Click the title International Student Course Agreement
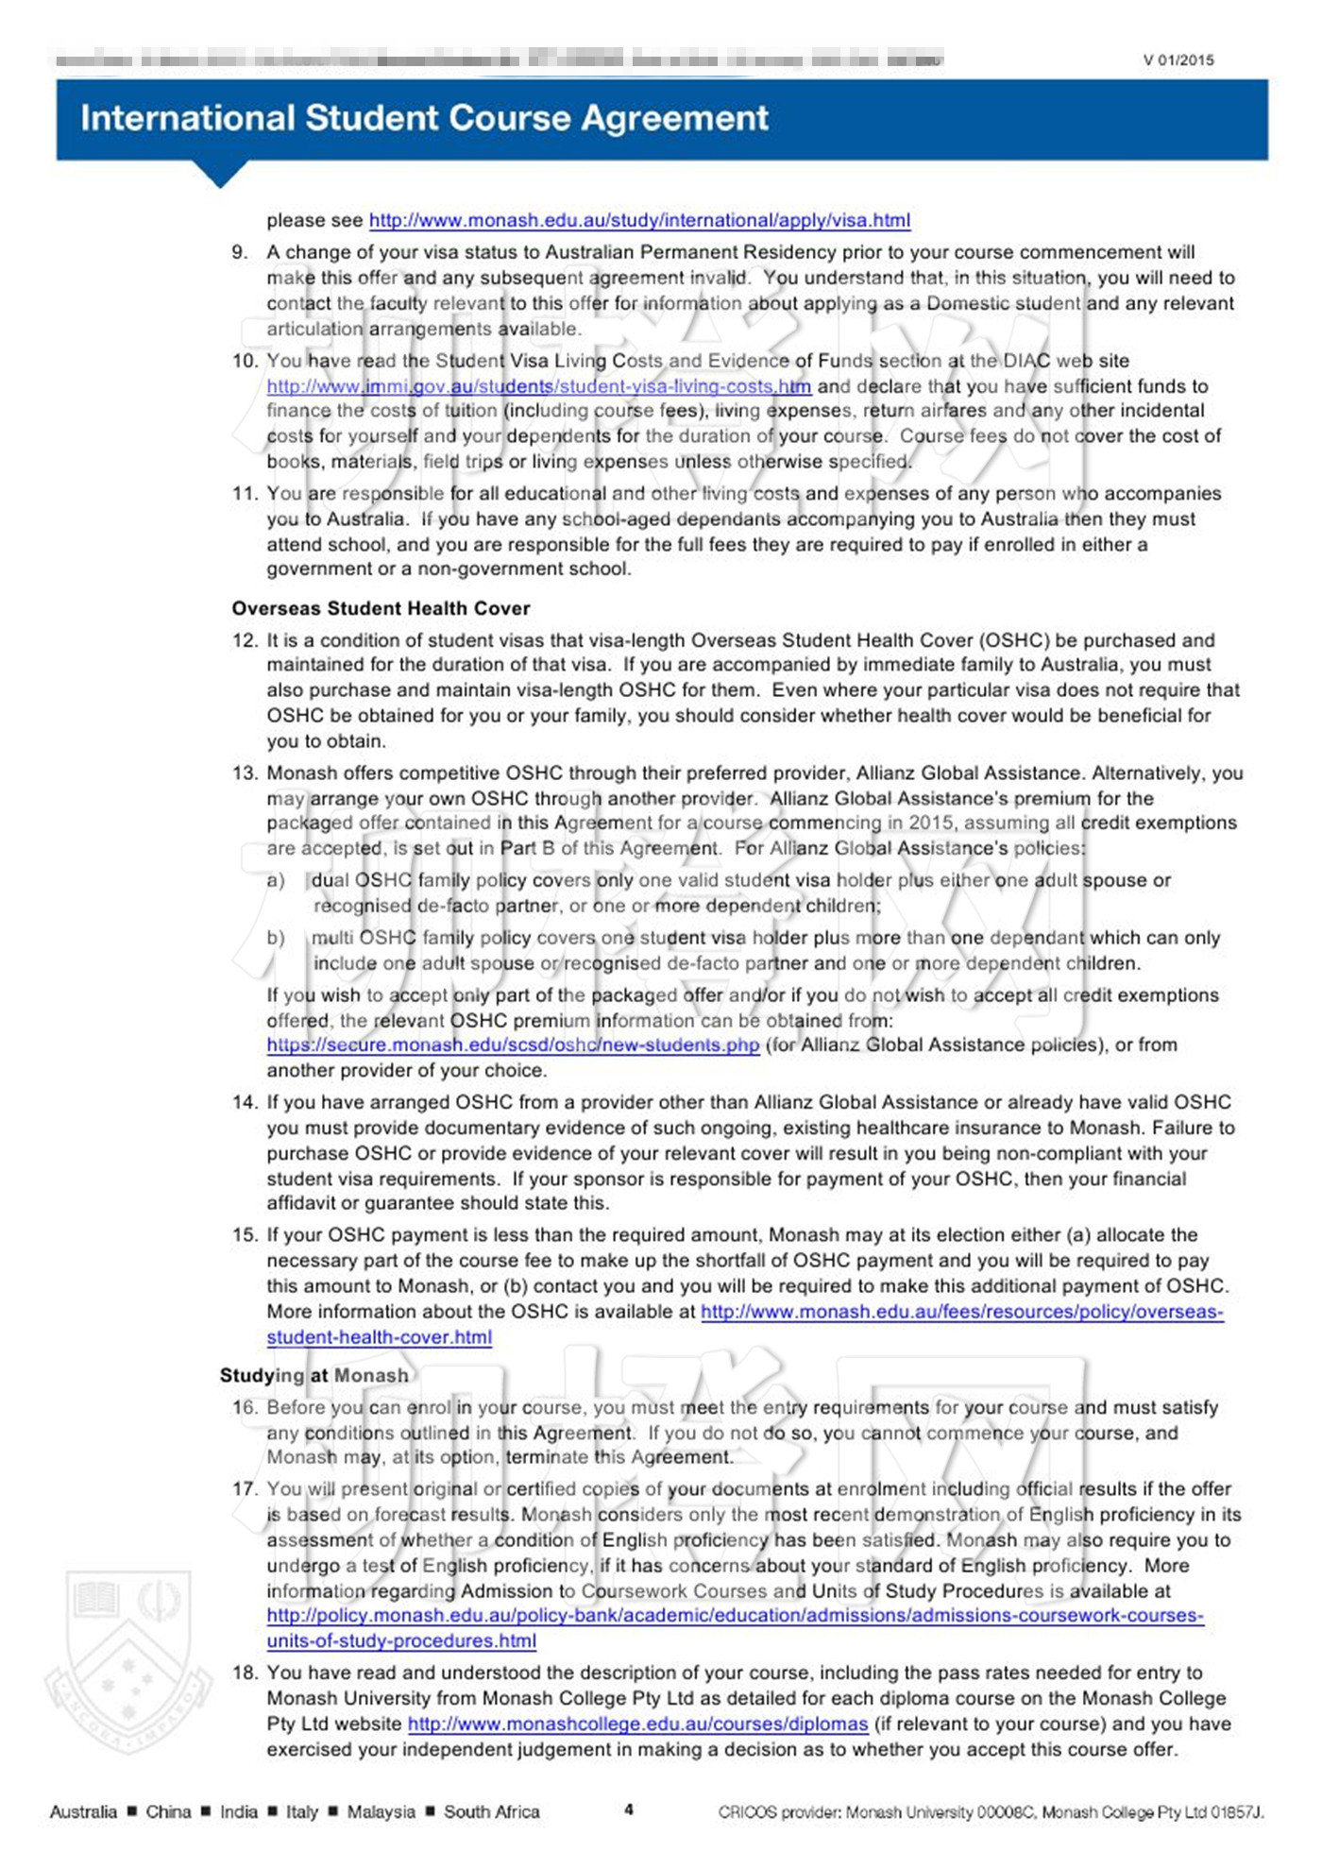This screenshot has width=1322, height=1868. (x=424, y=118)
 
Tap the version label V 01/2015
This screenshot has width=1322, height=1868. (x=1178, y=60)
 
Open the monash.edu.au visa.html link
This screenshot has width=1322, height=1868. (x=639, y=221)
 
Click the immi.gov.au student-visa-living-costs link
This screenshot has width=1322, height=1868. (x=538, y=386)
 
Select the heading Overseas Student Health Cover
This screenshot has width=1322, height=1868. (x=381, y=608)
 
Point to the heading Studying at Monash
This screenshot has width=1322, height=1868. (x=314, y=1375)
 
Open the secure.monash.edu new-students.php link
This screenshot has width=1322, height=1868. (x=513, y=1045)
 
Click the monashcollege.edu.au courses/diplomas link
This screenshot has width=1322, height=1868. (x=637, y=1724)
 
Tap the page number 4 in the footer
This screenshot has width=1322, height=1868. (x=629, y=1809)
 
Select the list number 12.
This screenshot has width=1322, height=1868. (x=245, y=640)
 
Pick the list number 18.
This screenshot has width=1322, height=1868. (x=245, y=1673)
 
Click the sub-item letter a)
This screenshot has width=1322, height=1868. (x=276, y=880)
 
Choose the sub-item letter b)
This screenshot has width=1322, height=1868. (x=276, y=938)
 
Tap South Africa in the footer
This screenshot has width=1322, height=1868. (x=491, y=1811)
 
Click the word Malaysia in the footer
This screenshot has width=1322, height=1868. (x=381, y=1811)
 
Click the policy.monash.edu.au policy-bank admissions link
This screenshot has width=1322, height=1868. (x=735, y=1616)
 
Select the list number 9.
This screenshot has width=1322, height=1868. (x=240, y=252)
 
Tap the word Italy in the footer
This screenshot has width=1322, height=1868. (x=302, y=1811)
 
